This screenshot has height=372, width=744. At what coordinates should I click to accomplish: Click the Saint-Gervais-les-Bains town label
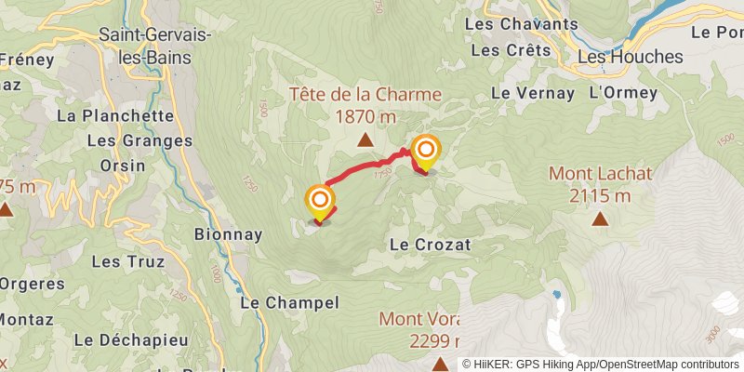[x=155, y=46]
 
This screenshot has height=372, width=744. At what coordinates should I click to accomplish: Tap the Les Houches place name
[x=630, y=57]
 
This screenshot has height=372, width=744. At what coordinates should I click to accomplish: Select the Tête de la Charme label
[x=365, y=94]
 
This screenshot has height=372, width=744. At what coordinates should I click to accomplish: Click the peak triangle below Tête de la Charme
[x=365, y=140]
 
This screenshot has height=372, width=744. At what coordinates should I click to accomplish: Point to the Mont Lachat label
[x=600, y=173]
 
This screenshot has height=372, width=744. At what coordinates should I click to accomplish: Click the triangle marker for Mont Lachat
[x=600, y=219]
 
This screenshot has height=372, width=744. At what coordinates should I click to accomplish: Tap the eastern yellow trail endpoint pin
[x=426, y=153]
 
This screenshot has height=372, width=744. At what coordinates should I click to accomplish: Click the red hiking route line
[x=363, y=169]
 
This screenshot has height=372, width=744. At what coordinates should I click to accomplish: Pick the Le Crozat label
[x=431, y=245]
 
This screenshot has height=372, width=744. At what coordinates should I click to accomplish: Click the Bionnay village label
[x=229, y=234]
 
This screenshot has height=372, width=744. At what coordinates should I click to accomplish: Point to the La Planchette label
[x=115, y=116]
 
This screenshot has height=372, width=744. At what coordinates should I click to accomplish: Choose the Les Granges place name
[x=139, y=141]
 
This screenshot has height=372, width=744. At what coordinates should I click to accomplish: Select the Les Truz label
[x=128, y=262]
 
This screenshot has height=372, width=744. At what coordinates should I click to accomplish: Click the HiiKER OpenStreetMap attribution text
[x=600, y=365]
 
